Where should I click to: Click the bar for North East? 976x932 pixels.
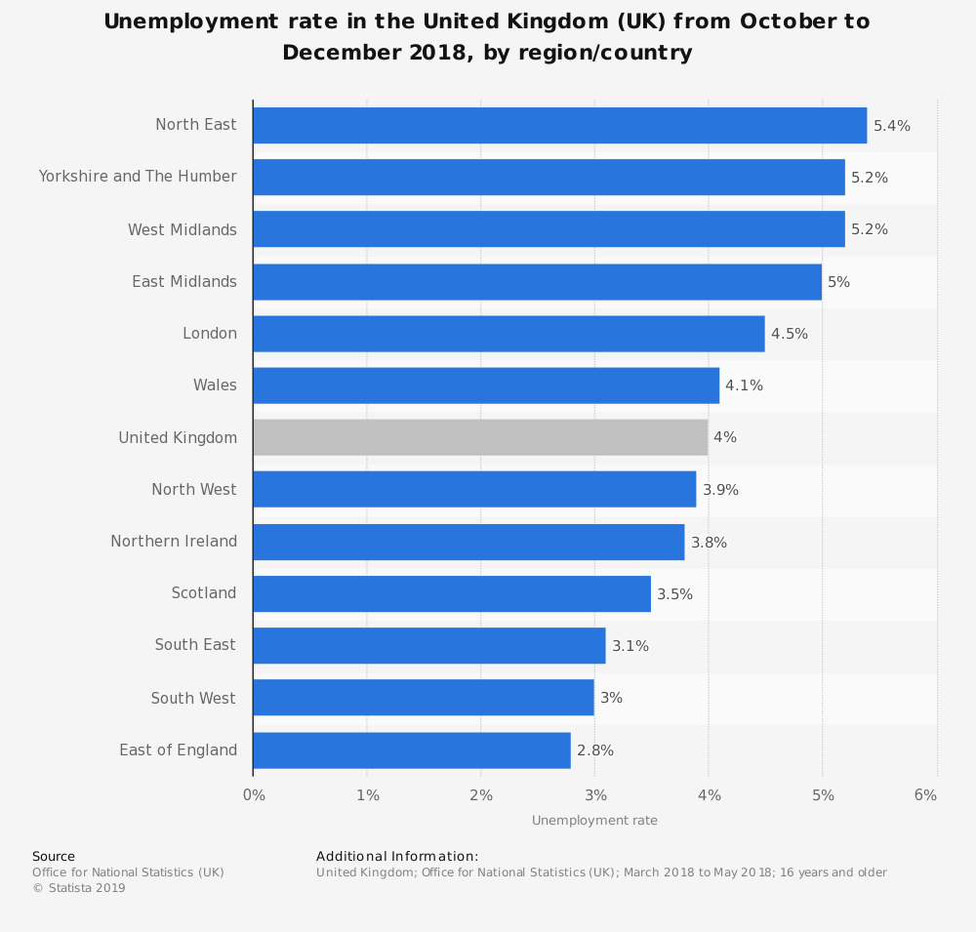coord(559,125)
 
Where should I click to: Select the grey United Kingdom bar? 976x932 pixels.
coord(480,437)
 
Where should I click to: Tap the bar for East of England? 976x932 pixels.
coord(411,750)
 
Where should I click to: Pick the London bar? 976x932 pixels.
coord(508,334)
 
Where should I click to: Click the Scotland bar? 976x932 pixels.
coord(451,594)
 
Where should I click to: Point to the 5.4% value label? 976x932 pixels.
coord(892,126)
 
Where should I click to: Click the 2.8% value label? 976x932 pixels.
coord(595,750)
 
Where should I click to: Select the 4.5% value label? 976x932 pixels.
coord(790,334)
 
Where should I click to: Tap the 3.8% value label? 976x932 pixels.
coord(709,543)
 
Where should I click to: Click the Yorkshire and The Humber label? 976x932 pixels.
coord(138,177)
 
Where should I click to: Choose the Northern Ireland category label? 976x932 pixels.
coord(174,542)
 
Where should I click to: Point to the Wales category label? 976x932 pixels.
coord(215,385)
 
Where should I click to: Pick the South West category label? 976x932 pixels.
coord(193,699)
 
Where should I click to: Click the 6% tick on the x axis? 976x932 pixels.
coord(925,795)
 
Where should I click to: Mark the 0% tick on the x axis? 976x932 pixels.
coord(254,795)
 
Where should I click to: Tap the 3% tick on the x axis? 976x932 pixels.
coord(595,795)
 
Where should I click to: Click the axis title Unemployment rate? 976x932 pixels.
coord(594,821)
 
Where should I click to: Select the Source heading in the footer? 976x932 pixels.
coord(54,857)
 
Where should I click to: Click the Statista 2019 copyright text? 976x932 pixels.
coord(79,888)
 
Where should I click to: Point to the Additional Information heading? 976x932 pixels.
coord(397,857)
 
